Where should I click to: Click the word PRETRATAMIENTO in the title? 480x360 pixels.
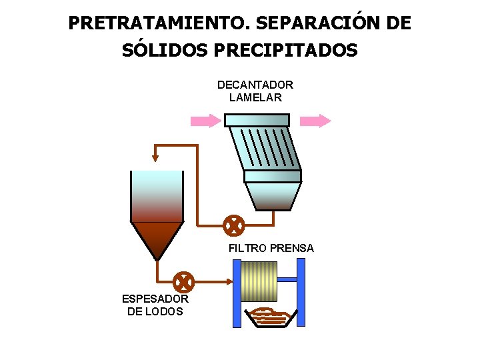click(158, 23)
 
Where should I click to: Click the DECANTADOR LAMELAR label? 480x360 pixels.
click(255, 91)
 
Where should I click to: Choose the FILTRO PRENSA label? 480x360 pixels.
click(271, 248)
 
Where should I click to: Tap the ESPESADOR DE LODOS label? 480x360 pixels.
click(155, 305)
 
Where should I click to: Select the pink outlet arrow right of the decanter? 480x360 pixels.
click(315, 121)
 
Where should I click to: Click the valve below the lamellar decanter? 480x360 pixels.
click(233, 226)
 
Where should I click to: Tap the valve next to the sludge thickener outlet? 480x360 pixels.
click(183, 282)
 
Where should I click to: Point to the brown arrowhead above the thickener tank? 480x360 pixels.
click(155, 157)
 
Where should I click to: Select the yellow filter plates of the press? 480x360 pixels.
click(258, 281)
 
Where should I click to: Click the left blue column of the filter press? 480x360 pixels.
click(236, 293)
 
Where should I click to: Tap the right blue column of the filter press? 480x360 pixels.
click(301, 293)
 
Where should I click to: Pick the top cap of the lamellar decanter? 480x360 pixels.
click(257, 120)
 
